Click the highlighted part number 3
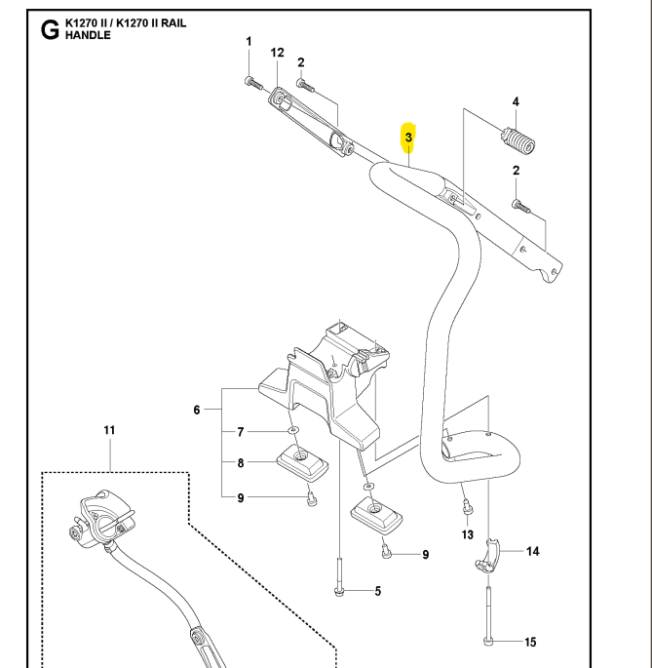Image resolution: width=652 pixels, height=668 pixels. pos(409,138)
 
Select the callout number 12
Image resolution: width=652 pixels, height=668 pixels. pos(277,52)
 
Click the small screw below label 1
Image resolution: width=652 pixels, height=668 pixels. pos(250,80)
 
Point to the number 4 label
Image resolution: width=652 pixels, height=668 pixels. pos(516,101)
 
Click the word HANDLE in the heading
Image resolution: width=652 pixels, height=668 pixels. pos(89,36)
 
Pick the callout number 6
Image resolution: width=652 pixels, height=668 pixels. pos(198,411)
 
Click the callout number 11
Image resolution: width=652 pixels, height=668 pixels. pos(109,429)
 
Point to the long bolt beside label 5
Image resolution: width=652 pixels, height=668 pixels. pos(338,575)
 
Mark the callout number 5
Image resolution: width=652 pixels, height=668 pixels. pos(378,590)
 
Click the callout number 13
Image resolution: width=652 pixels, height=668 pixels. pos(467,535)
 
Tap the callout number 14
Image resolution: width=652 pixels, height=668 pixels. pos(531,551)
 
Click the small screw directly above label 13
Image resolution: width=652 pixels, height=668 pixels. pos(467,505)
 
